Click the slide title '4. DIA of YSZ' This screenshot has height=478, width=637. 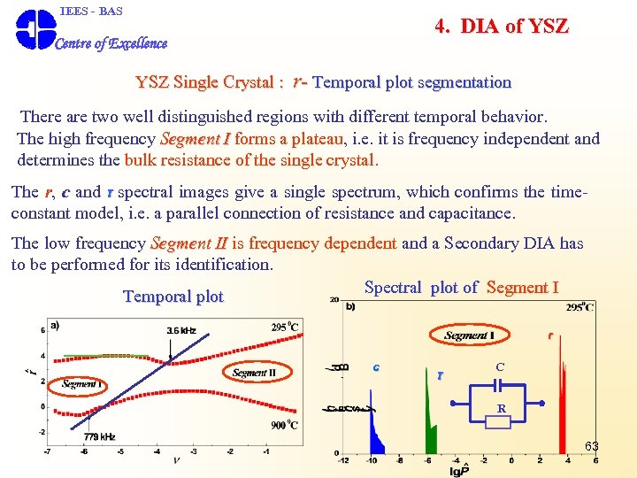(x=502, y=26)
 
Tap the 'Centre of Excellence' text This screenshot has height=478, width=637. (x=111, y=43)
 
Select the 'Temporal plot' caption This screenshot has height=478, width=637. (x=173, y=297)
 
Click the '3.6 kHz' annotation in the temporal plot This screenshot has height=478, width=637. (x=181, y=331)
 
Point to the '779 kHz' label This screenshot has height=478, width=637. (x=98, y=436)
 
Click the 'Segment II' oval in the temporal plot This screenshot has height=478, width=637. (x=254, y=373)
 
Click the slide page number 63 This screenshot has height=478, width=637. (x=591, y=446)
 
